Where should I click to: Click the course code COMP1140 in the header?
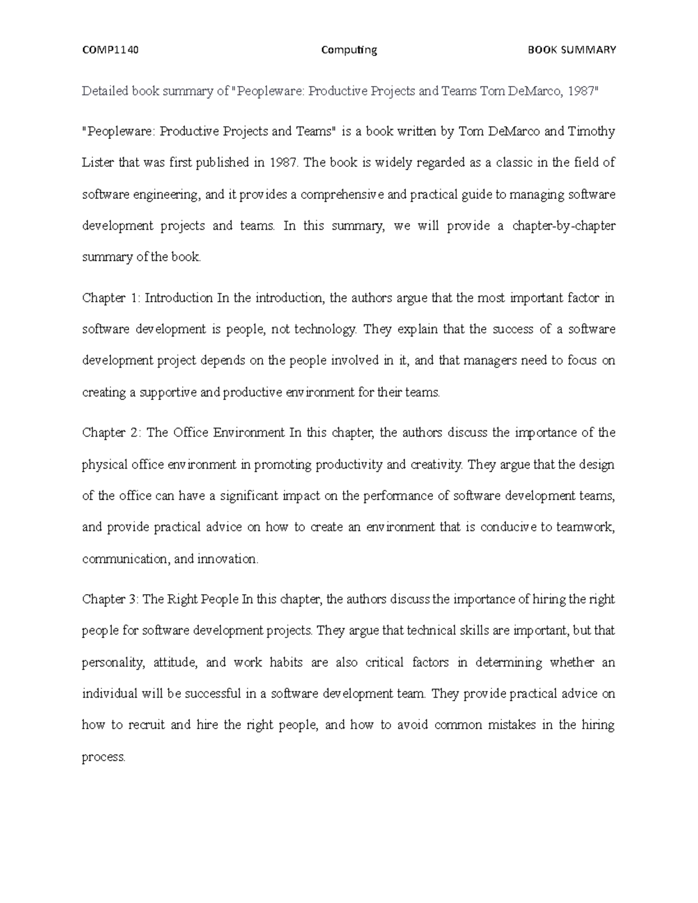tap(110, 50)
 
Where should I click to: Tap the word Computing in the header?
tap(349, 50)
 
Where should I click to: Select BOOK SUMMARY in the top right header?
tap(571, 50)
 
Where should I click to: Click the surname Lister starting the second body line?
tap(98, 163)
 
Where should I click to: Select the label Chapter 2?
tap(112, 433)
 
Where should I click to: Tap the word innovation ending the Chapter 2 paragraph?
tap(227, 559)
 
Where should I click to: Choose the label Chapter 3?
tap(111, 599)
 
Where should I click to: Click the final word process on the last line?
tap(103, 757)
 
